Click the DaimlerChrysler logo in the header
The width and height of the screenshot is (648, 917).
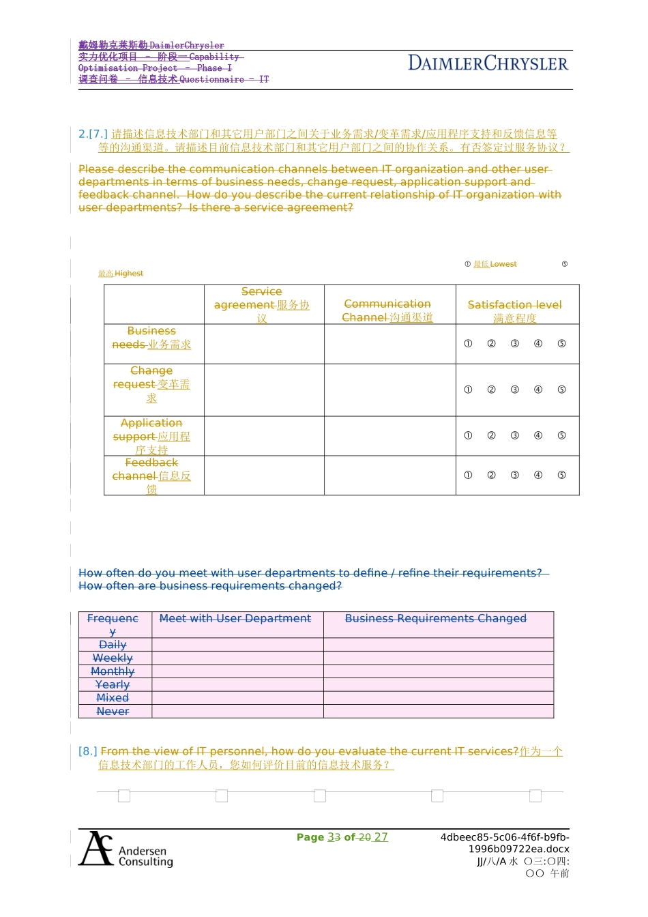pyautogui.click(x=488, y=63)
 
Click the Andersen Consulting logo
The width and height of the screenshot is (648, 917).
pyautogui.click(x=126, y=849)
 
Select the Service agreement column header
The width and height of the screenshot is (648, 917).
pyautogui.click(x=262, y=305)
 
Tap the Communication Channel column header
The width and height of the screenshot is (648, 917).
pyautogui.click(x=387, y=310)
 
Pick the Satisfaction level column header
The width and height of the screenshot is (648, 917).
pyautogui.click(x=515, y=311)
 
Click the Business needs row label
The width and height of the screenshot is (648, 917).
pyautogui.click(x=151, y=338)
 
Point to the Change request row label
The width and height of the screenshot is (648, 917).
pyautogui.click(x=151, y=384)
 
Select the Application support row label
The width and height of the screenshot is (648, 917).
pyautogui.click(x=151, y=436)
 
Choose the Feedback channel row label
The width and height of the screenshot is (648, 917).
pyautogui.click(x=151, y=476)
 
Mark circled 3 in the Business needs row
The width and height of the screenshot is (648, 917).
pyautogui.click(x=515, y=344)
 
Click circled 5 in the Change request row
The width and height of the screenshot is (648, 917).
pyautogui.click(x=561, y=390)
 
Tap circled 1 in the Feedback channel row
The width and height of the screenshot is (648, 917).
pyautogui.click(x=468, y=475)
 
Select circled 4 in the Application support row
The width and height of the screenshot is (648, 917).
pyautogui.click(x=538, y=435)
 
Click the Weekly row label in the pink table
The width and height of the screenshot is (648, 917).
pyautogui.click(x=113, y=658)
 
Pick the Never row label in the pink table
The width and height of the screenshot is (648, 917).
pyautogui.click(x=113, y=712)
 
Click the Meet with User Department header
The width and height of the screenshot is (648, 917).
pyautogui.click(x=235, y=619)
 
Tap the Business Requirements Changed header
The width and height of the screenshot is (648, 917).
pyautogui.click(x=436, y=619)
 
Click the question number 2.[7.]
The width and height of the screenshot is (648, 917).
pyautogui.click(x=93, y=134)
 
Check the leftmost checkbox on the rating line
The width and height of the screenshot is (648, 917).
pyautogui.click(x=124, y=796)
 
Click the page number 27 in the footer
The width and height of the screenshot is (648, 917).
pyautogui.click(x=381, y=837)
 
